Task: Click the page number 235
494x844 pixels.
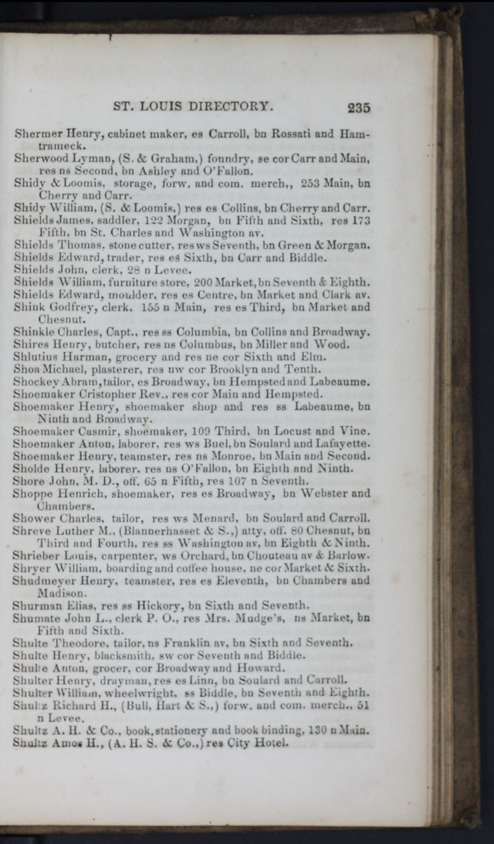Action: click(359, 108)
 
